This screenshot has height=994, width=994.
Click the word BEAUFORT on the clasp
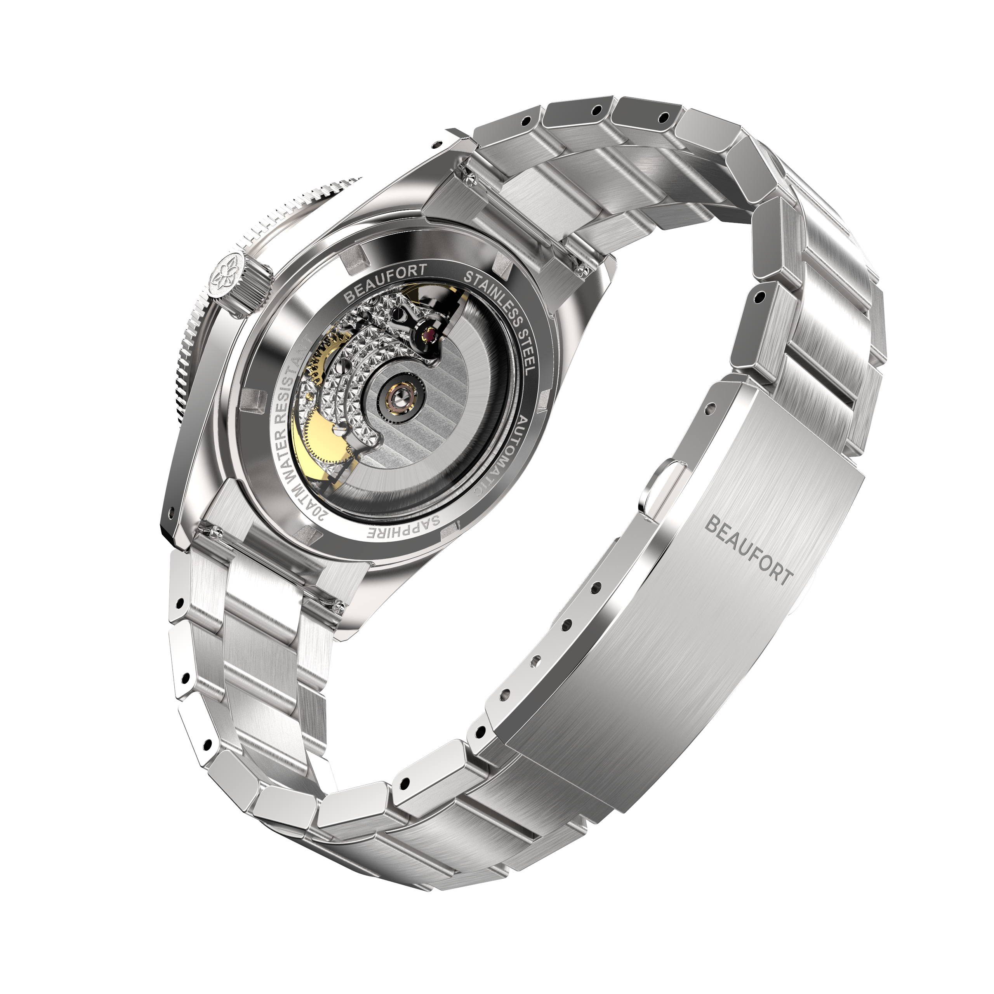747,551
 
